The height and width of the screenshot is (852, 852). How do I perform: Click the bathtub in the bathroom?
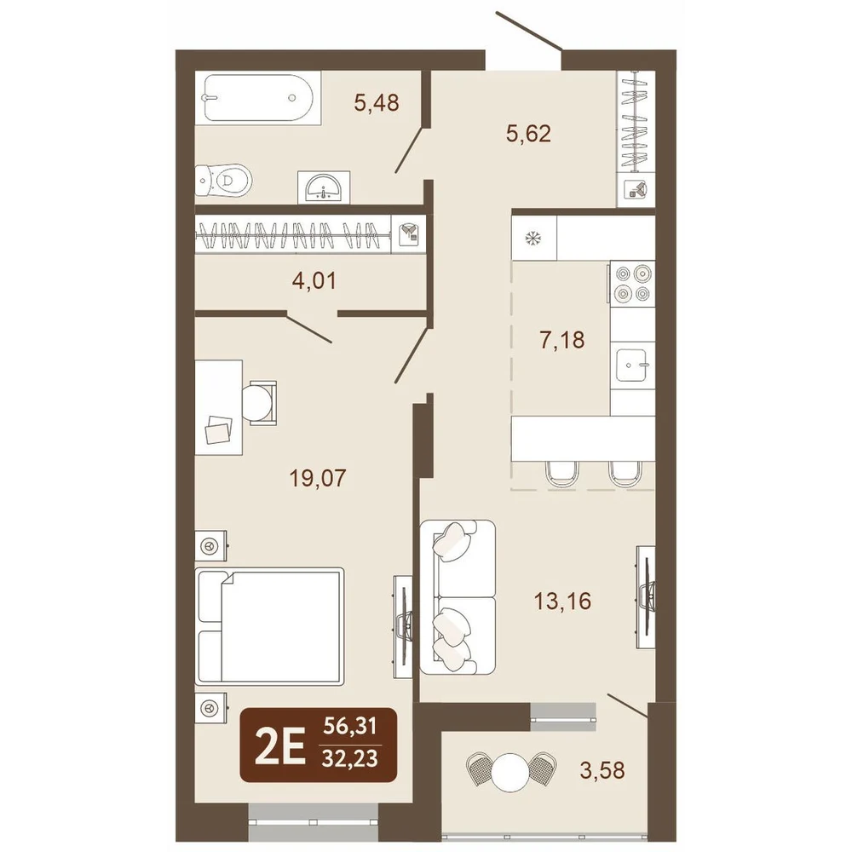258,98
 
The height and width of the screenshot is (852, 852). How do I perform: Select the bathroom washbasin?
324,187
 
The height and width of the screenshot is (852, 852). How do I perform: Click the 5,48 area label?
377,102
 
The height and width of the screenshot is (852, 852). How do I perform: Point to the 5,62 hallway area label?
528,134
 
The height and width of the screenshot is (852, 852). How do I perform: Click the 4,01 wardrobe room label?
314,281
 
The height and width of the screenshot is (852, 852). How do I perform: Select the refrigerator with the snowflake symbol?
535,238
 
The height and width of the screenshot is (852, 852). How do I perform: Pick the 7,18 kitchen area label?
562,340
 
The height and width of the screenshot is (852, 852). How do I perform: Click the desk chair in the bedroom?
259,401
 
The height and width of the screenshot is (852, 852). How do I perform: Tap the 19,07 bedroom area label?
318,478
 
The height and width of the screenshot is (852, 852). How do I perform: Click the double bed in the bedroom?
269,625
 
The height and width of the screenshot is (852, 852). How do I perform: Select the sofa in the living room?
458,597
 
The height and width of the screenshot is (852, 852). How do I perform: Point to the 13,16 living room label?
562,602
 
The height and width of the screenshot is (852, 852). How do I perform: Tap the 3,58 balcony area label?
602,770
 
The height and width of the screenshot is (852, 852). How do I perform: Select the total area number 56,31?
349,726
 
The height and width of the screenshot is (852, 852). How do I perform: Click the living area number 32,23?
349,758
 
